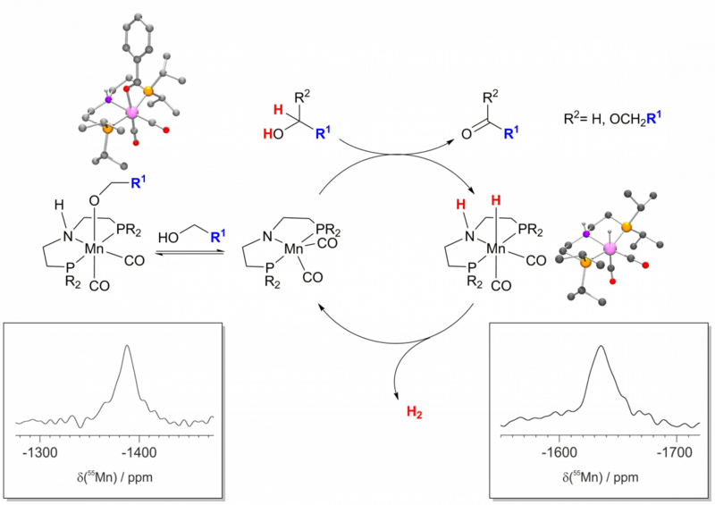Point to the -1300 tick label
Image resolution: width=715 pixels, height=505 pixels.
pos(42,451)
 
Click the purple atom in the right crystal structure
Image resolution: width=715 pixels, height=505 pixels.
pos(586,234)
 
